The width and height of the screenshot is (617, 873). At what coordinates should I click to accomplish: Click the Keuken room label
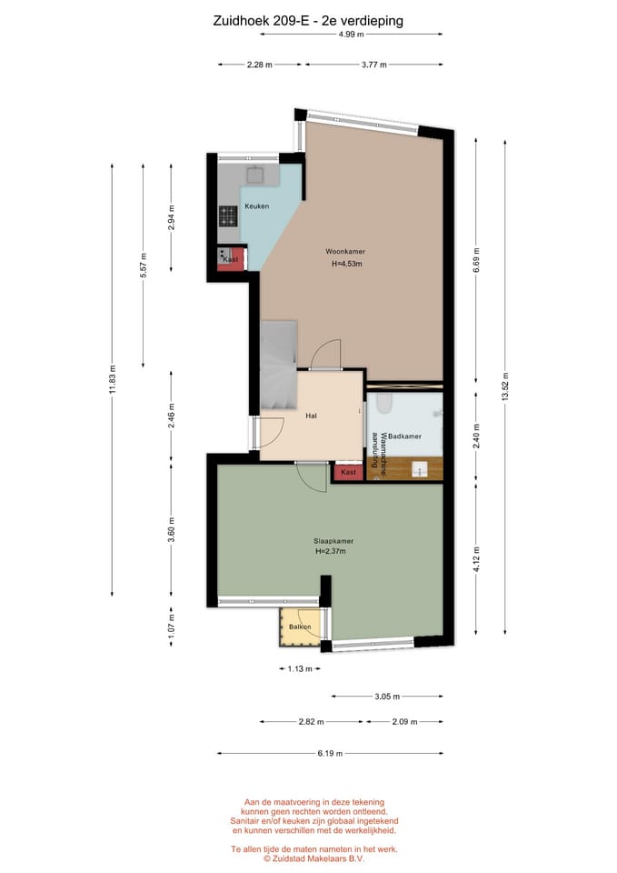(256, 206)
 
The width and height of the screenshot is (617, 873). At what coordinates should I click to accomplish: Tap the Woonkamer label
(345, 252)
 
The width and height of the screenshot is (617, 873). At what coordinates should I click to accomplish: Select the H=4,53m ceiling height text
(346, 264)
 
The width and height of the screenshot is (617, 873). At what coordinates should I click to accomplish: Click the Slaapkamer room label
(333, 541)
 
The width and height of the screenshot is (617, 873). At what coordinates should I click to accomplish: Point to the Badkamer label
(404, 436)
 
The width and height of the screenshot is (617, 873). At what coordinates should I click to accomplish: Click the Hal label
(311, 416)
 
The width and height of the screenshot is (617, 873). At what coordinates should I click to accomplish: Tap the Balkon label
(300, 627)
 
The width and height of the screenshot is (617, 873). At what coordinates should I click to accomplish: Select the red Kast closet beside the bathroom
(349, 472)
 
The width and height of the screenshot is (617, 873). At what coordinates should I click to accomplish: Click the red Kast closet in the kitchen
(230, 259)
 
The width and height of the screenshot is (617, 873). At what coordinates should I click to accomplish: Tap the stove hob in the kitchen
(228, 216)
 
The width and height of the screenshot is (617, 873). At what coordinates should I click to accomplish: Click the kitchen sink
(256, 176)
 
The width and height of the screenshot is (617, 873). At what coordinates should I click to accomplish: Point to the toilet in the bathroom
(383, 403)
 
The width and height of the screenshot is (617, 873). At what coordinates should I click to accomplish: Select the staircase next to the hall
(278, 365)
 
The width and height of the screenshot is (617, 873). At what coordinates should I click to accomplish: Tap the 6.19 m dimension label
(330, 753)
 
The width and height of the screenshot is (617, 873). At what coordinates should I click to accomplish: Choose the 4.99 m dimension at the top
(351, 34)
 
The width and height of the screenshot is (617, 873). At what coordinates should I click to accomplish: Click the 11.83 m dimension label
(113, 379)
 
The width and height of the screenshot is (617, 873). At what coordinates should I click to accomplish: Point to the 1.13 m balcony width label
(300, 668)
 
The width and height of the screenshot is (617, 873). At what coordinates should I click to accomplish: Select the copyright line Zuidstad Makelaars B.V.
(314, 858)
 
